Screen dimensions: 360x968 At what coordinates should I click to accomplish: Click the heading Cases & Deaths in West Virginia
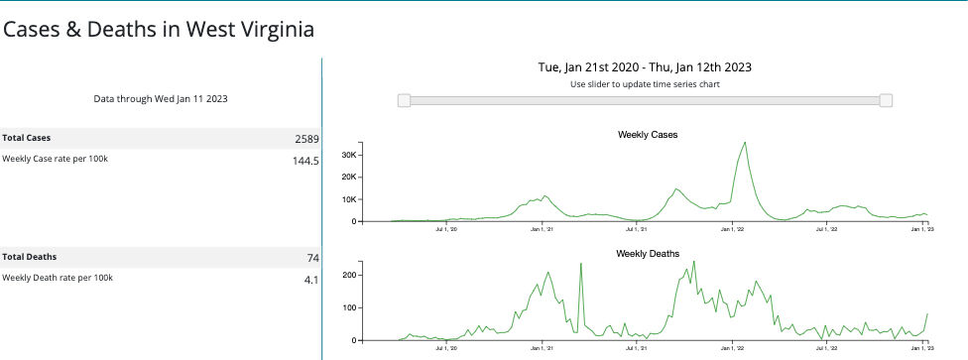tap(159, 30)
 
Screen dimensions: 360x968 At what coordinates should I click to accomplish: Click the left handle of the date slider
tap(404, 100)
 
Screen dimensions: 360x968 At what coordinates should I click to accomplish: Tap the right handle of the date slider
tap(886, 100)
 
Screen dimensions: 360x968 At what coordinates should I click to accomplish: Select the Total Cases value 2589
tap(302, 138)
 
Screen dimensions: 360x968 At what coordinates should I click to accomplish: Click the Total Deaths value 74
tap(311, 258)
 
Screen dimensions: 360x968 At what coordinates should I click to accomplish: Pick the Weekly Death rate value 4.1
tap(309, 280)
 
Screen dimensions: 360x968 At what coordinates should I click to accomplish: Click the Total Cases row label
tap(27, 138)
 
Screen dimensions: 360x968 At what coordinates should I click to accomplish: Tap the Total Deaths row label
tap(29, 257)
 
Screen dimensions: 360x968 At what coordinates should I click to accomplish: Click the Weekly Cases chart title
tap(647, 134)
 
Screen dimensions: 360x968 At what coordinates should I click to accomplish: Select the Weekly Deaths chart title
tap(647, 254)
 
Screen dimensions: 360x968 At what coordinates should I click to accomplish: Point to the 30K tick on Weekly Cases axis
tap(347, 155)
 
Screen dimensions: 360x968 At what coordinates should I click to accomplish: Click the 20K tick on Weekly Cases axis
tap(347, 177)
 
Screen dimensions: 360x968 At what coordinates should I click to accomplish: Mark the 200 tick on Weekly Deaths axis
tap(348, 274)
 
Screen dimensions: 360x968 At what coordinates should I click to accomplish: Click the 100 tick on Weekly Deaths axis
tap(348, 306)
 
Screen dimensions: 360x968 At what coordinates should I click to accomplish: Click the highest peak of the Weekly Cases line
tap(745, 143)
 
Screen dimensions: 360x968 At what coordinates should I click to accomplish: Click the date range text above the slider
tap(644, 67)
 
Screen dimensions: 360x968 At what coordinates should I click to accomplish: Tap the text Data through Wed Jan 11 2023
tap(161, 99)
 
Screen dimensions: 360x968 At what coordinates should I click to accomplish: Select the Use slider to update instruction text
tap(645, 84)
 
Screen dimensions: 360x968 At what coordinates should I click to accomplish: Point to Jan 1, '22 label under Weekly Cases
tap(732, 229)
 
